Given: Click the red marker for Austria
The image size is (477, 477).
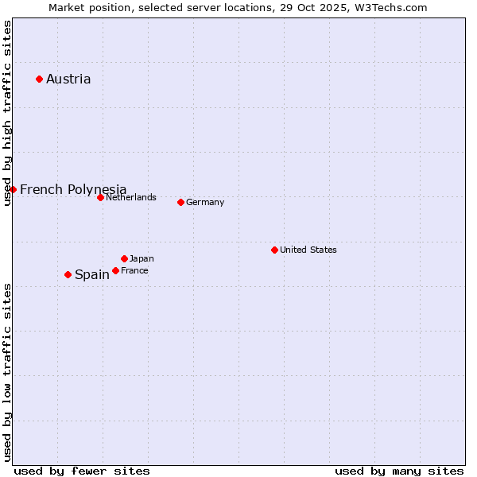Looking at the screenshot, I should [x=39, y=79].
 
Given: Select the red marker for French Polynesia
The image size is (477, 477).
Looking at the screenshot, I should [x=13, y=189].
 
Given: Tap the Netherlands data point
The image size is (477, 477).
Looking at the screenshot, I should [x=100, y=197].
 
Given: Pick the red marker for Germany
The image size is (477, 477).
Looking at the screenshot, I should [x=180, y=202].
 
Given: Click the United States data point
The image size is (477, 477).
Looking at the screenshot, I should [x=274, y=250].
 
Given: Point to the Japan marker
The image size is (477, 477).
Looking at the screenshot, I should [x=124, y=258].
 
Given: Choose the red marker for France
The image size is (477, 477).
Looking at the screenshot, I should [x=115, y=270].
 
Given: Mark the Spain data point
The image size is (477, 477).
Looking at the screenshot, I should [x=68, y=274].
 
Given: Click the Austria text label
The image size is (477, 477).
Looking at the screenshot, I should [x=68, y=79].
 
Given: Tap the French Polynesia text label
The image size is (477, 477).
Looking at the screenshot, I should [x=73, y=189].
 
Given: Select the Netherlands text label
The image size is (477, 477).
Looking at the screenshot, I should [x=130, y=197].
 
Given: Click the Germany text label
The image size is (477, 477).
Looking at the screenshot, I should [x=205, y=202].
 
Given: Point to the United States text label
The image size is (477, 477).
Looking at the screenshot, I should [x=308, y=250].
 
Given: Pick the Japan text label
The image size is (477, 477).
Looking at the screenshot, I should [x=142, y=258].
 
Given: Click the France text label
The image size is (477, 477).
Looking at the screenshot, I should [x=134, y=270].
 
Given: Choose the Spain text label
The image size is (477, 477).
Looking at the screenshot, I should [x=92, y=274].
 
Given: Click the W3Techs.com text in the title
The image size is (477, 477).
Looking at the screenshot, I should [x=390, y=7].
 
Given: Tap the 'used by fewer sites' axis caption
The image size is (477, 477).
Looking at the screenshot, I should [x=82, y=471].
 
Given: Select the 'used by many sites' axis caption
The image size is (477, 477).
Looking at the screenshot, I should [x=399, y=471].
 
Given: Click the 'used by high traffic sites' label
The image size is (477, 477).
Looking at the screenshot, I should [x=7, y=113].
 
